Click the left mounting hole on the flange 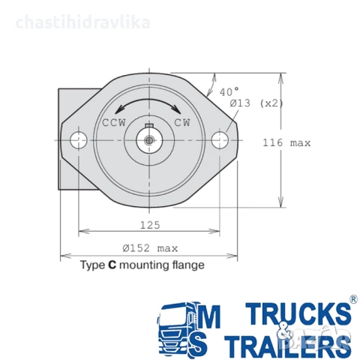(x=79, y=140)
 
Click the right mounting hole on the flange (x=220, y=140)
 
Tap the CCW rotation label (x=114, y=123)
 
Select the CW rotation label (x=182, y=123)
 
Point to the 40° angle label (x=229, y=91)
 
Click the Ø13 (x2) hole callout (x=256, y=103)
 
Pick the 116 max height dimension (x=286, y=143)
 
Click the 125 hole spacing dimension (x=150, y=225)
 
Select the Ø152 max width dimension (x=150, y=248)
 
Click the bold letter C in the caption (x=112, y=265)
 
